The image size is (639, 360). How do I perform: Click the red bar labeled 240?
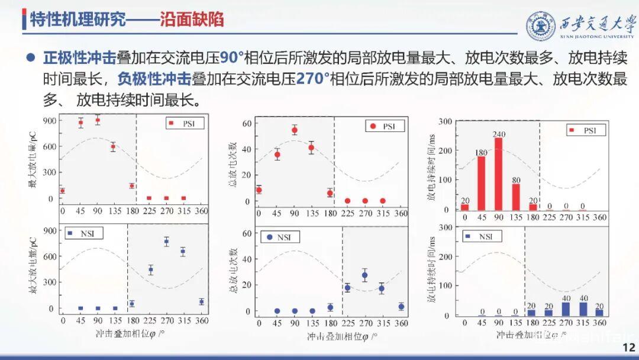tap(498, 173)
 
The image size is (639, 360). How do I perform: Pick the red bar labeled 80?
tap(515, 197)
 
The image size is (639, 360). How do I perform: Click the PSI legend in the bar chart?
tap(586, 130)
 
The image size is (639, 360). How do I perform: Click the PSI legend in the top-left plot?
tap(184, 123)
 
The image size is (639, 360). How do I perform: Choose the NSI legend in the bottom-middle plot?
tap(280, 237)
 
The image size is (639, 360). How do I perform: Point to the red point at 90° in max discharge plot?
tap(97, 120)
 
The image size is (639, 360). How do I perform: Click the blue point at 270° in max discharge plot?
tap(166, 241)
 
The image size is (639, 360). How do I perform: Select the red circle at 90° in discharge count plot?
tap(294, 130)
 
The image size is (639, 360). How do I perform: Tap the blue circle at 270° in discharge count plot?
tap(364, 275)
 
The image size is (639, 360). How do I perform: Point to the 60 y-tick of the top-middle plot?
tap(247, 123)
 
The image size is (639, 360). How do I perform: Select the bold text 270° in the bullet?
tap(306, 79)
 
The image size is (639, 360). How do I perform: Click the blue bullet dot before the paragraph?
tap(30, 58)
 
